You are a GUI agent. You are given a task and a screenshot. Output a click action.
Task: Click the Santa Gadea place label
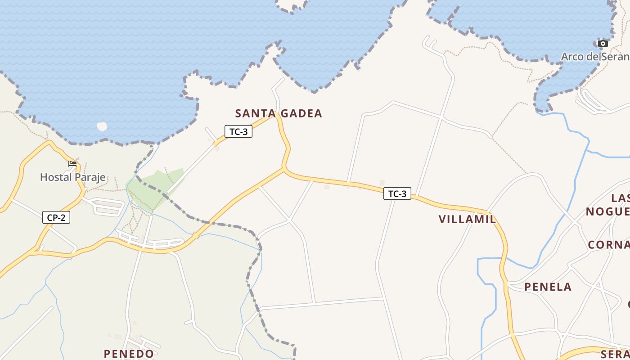click(279, 113)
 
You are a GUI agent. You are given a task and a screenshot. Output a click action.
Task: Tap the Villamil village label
click(467, 220)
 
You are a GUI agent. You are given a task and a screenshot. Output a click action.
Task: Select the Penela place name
click(548, 287)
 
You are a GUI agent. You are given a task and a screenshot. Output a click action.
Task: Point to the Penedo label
click(129, 354)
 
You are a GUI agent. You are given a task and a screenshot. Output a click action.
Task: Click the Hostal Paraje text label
click(73, 177)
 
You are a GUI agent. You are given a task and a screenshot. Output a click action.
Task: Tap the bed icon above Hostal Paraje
click(72, 164)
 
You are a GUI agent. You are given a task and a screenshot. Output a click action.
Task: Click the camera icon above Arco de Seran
click(603, 44)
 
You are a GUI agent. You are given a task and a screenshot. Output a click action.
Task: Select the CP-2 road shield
click(56, 218)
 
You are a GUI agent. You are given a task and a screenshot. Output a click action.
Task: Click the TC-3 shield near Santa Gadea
click(238, 132)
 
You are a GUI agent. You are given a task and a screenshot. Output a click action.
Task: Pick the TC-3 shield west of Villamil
click(397, 194)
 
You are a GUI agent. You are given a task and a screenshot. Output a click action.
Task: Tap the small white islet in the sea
click(102, 126)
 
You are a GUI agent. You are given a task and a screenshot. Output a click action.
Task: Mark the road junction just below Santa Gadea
click(284, 169)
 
